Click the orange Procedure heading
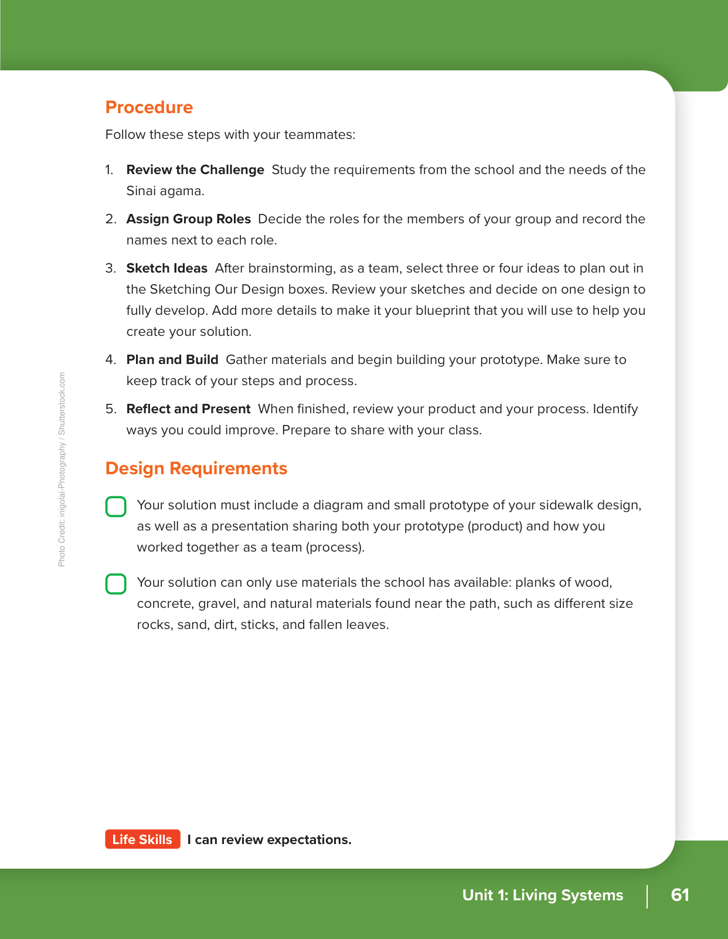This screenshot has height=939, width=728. [x=149, y=107]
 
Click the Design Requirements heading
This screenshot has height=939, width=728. [x=196, y=468]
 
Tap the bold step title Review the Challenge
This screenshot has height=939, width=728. [x=195, y=170]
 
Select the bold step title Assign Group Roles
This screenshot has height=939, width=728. [x=188, y=219]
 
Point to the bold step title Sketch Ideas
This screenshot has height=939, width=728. [x=167, y=268]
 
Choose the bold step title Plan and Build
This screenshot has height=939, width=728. [x=172, y=360]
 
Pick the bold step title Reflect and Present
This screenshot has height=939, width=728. [x=188, y=409]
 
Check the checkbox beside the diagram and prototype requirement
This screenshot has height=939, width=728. [x=116, y=506]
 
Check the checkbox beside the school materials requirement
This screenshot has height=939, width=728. [x=116, y=584]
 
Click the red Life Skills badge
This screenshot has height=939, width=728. [x=142, y=839]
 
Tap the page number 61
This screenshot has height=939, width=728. [x=680, y=895]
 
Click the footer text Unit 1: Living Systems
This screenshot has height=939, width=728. [x=543, y=895]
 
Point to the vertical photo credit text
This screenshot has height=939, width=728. [x=62, y=469]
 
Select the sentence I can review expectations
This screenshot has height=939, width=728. [x=269, y=839]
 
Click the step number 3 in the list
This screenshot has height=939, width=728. [x=110, y=268]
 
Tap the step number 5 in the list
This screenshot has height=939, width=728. [x=110, y=409]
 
